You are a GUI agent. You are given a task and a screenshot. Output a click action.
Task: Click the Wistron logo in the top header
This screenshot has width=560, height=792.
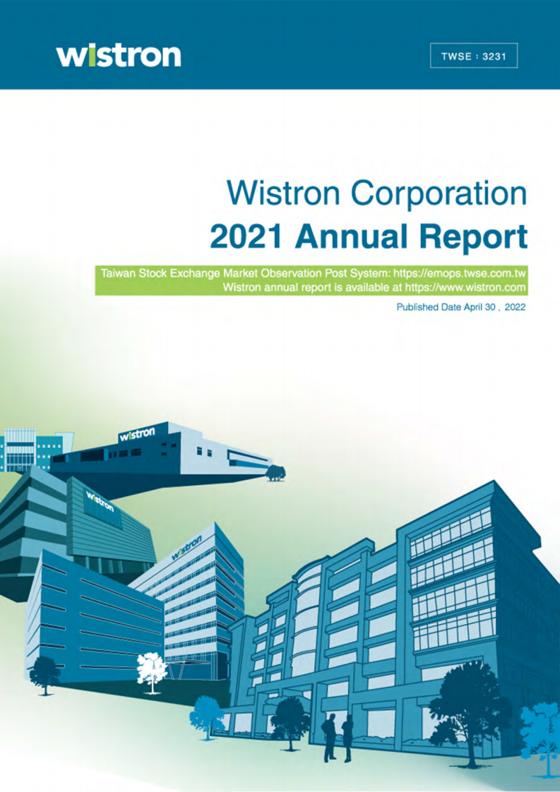click(x=119, y=54)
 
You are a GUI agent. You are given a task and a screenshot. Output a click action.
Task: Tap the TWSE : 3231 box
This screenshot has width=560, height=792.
click(x=474, y=54)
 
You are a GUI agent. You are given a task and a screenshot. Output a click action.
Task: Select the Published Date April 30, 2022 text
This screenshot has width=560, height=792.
click(x=461, y=308)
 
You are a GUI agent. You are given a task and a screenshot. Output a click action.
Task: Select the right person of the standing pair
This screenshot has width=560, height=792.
click(x=347, y=736)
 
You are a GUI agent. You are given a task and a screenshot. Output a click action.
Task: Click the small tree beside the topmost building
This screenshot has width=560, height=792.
click(x=275, y=470)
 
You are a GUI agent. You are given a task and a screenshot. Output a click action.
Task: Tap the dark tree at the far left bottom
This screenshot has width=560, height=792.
click(x=45, y=671)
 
